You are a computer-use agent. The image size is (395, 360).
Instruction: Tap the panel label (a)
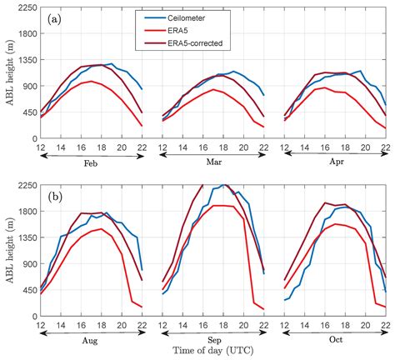(x=52, y=17)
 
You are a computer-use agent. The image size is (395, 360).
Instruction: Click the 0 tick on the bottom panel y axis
(x=32, y=320)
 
